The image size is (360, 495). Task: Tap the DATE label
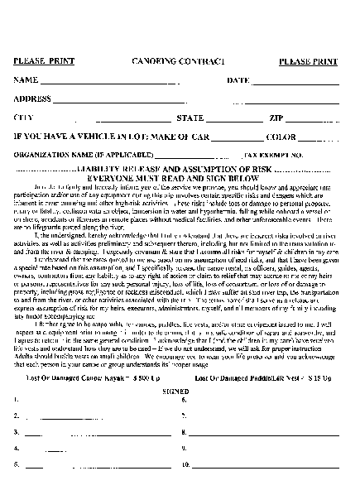[238, 80]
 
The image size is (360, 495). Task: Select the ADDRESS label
[33, 99]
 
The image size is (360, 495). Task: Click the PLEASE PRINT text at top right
[307, 62]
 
